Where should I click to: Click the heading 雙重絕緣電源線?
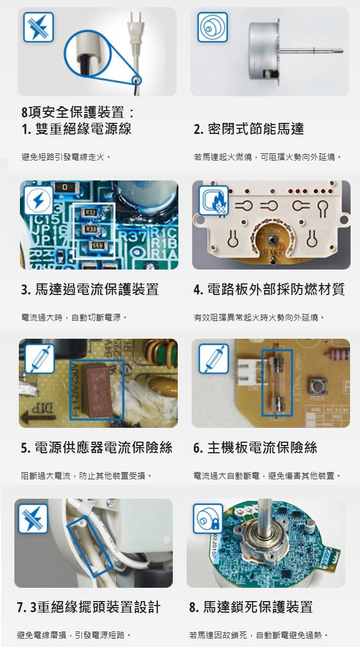point(84,129)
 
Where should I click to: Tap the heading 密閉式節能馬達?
point(256,129)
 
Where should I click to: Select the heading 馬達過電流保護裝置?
point(97,289)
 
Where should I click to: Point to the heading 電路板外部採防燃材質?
point(276,289)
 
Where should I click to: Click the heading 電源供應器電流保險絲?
point(104,447)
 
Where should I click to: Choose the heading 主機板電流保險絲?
point(262,447)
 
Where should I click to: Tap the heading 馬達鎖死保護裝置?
point(258,607)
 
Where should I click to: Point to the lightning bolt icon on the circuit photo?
point(39,200)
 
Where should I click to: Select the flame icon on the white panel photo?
point(213,200)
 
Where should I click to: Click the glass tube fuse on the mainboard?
point(276,382)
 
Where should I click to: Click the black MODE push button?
point(317,385)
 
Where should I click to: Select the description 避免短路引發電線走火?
point(65,157)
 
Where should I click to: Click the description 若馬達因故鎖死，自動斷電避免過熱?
point(259,635)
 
